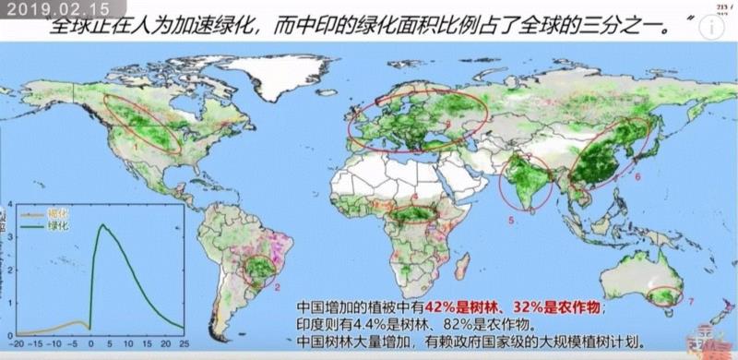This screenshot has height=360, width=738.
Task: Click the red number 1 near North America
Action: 135,146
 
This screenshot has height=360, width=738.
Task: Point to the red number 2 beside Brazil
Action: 278,287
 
